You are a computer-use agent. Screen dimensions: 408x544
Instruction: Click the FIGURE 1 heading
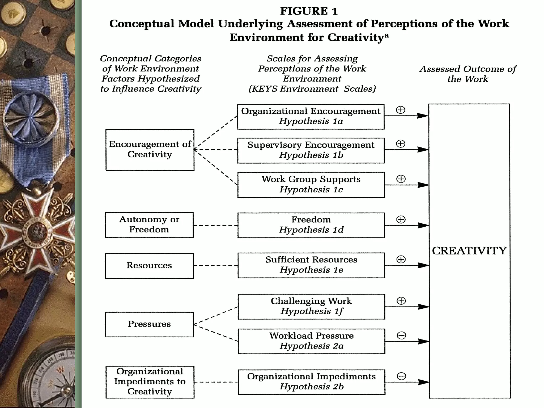coord(309,11)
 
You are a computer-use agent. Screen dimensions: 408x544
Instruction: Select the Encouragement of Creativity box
coord(150,150)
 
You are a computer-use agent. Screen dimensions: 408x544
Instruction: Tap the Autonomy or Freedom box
coord(149,225)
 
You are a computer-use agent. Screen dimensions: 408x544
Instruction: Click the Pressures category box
coord(149,324)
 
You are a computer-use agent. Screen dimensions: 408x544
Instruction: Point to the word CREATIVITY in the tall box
coord(469,251)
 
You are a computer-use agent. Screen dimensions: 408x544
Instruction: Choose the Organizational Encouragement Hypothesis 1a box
coord(311,117)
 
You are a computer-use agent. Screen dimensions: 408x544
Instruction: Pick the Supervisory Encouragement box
coord(311,150)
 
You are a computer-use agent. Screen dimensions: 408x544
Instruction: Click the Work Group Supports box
coord(311,185)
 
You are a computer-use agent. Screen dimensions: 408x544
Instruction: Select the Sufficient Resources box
coord(311,265)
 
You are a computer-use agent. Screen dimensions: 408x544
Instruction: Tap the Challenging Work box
coord(311,306)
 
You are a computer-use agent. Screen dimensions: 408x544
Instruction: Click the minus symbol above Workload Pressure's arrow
coord(401,335)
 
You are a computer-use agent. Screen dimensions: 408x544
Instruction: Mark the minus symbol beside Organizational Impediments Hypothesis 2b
coord(401,376)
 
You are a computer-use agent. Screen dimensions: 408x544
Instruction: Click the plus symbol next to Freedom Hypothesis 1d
coord(401,219)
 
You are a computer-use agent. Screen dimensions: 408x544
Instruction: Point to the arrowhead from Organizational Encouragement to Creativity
coord(423,116)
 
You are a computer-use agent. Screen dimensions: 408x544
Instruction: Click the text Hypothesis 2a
coord(311,346)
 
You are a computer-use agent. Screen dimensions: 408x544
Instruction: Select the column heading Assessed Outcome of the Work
coord(467,74)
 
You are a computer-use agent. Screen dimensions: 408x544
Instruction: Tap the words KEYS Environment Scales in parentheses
coord(312,89)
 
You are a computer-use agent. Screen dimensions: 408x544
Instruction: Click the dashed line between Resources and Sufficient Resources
coord(215,265)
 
